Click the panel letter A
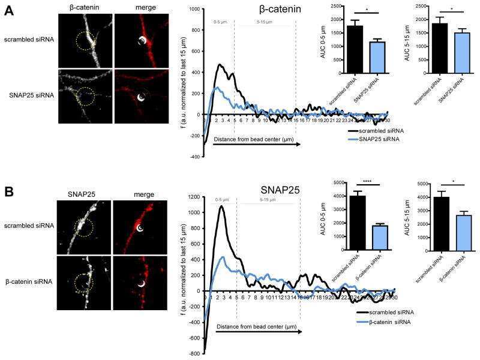click(9, 10)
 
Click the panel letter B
click(9, 193)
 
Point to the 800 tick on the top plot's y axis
click(194, 10)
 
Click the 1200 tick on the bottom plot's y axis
click(193, 196)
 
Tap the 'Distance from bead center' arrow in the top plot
click(249, 145)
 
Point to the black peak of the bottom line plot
click(221, 206)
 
